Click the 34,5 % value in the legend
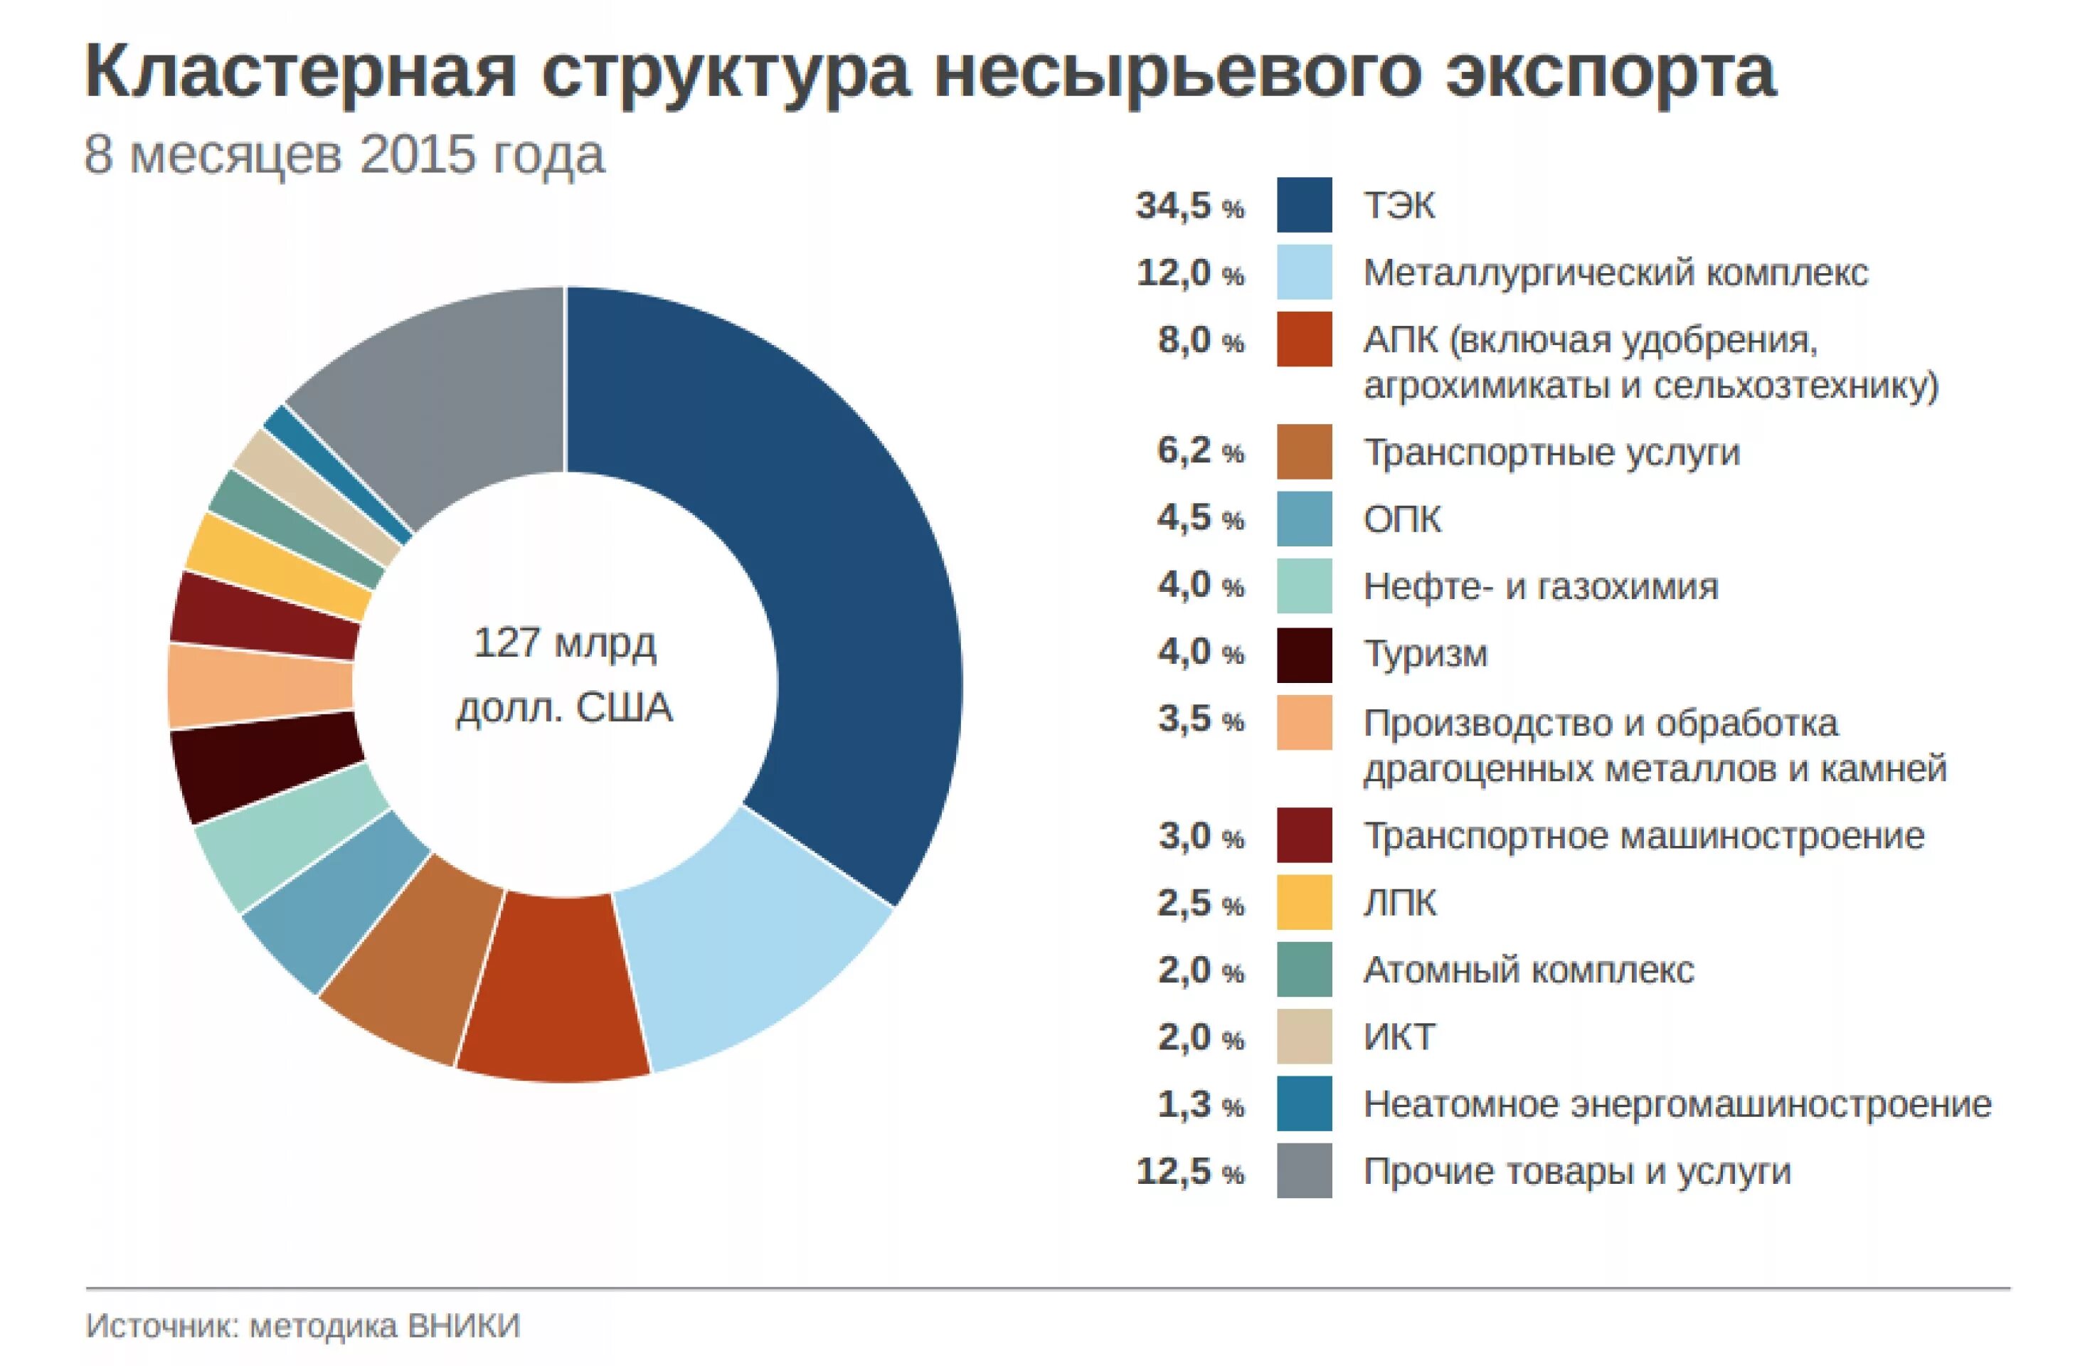coord(1189,206)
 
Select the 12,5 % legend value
coord(1189,1172)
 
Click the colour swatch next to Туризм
coord(1304,654)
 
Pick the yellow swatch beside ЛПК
coord(1304,903)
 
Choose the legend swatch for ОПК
coord(1304,518)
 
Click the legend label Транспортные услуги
coord(1551,452)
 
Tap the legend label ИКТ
coord(1399,1037)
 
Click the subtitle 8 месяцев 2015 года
coord(344,156)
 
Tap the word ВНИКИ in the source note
coord(464,1325)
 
